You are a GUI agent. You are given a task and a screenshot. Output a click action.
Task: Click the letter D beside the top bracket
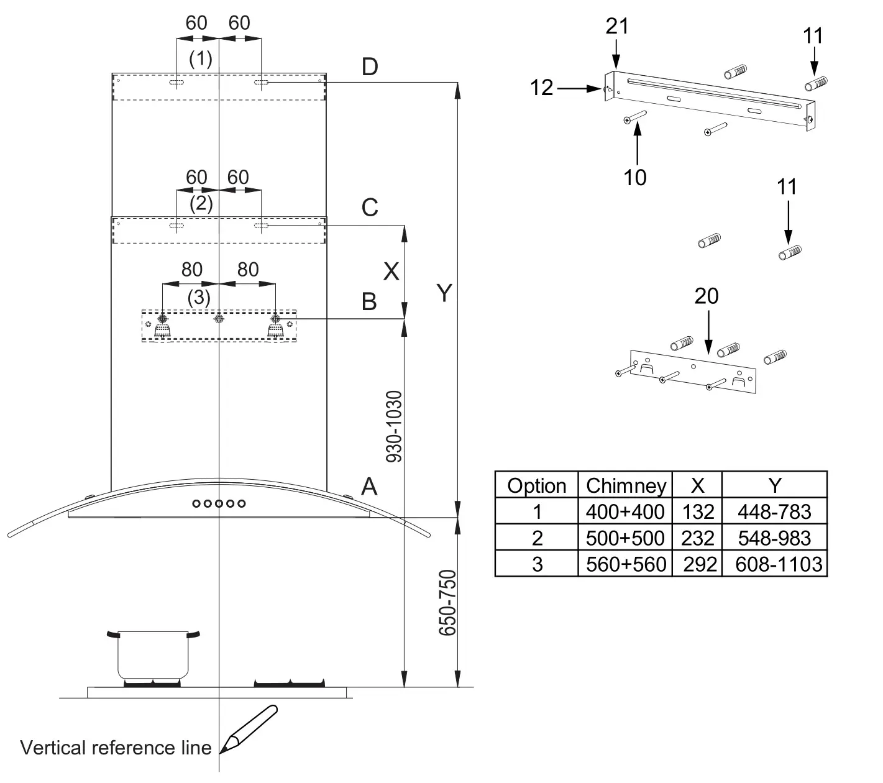(370, 67)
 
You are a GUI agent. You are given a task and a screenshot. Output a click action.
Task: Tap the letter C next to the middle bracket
(370, 208)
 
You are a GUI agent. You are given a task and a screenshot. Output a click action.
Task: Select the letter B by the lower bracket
(369, 302)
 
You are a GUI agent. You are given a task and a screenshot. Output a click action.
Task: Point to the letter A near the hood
(369, 486)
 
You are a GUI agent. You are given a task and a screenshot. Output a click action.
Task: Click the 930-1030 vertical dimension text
(394, 426)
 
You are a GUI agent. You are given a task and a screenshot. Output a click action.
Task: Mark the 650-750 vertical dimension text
(447, 602)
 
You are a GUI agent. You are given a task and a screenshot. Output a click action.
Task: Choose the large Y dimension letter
(443, 293)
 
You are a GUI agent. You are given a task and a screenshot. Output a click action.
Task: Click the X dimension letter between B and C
(391, 271)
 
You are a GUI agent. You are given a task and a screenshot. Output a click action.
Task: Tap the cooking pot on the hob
(153, 655)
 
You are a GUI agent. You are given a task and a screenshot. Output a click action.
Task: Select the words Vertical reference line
(116, 747)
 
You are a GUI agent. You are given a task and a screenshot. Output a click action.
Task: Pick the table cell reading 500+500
(625, 538)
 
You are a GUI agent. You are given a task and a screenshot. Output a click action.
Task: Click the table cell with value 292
(700, 564)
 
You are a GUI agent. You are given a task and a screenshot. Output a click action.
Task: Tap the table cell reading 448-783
(774, 511)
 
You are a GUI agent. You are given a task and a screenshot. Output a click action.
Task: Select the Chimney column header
(626, 485)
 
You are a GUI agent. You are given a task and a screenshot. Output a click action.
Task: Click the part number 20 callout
(707, 296)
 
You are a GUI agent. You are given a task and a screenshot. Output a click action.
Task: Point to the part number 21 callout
(617, 26)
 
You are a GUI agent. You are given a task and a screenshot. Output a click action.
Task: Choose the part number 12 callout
(542, 88)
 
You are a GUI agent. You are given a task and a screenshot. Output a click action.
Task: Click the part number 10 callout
(635, 178)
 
